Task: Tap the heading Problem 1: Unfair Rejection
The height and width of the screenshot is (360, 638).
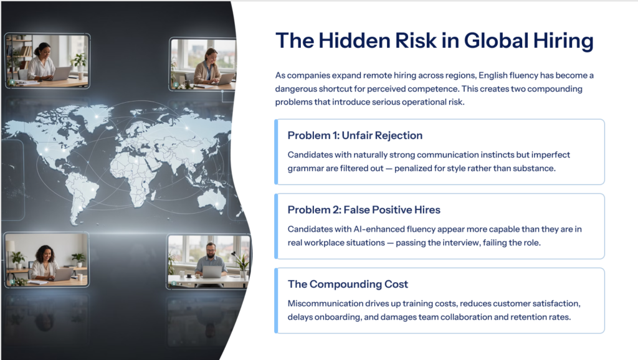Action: click(355, 135)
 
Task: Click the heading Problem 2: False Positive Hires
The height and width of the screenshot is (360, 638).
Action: click(364, 210)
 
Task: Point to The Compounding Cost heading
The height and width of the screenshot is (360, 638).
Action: click(348, 284)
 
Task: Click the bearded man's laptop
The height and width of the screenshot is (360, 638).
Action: click(212, 272)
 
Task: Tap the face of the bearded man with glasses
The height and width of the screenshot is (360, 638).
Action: click(211, 251)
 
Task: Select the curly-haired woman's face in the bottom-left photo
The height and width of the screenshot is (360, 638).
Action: click(46, 255)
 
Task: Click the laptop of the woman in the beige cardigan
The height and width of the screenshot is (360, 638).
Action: click(225, 79)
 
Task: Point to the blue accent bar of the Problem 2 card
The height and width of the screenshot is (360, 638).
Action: click(276, 226)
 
